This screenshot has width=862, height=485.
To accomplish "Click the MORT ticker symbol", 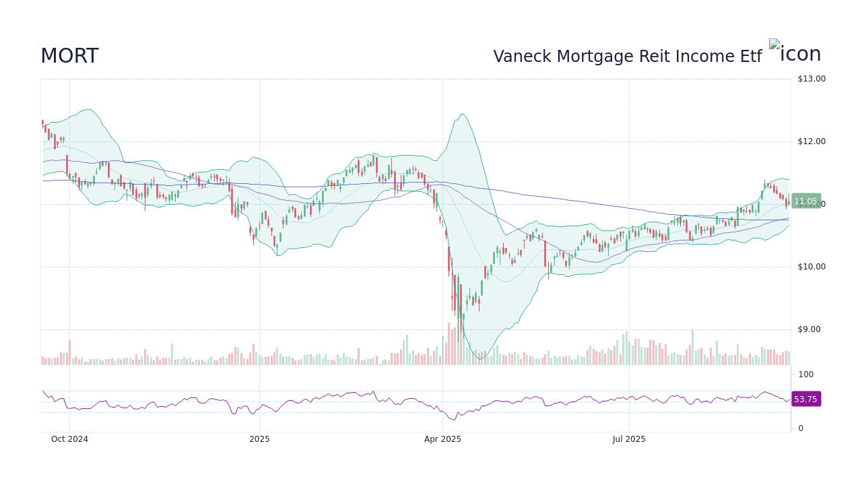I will [69, 57].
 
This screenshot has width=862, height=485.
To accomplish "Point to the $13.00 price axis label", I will [811, 79].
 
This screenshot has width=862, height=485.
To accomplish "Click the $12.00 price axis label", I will [811, 141].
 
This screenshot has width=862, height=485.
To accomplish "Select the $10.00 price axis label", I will [811, 267].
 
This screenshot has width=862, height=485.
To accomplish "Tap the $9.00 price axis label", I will [811, 329].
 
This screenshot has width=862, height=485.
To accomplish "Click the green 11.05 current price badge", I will [805, 201].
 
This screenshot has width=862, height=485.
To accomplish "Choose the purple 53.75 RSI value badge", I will [805, 399].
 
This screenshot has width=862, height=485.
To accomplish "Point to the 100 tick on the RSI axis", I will [805, 375].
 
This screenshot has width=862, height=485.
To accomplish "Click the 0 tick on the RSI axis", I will [800, 428].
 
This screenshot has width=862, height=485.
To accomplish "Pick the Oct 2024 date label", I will [69, 439].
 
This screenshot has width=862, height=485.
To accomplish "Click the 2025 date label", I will [259, 439].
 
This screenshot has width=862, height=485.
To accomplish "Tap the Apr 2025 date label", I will [442, 439].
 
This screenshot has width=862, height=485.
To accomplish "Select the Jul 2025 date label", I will [629, 439].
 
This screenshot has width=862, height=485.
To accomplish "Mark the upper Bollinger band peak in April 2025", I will [462, 115].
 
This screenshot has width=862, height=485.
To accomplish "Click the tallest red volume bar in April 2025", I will [449, 344].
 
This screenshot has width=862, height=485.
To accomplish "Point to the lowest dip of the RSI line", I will [453, 420].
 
